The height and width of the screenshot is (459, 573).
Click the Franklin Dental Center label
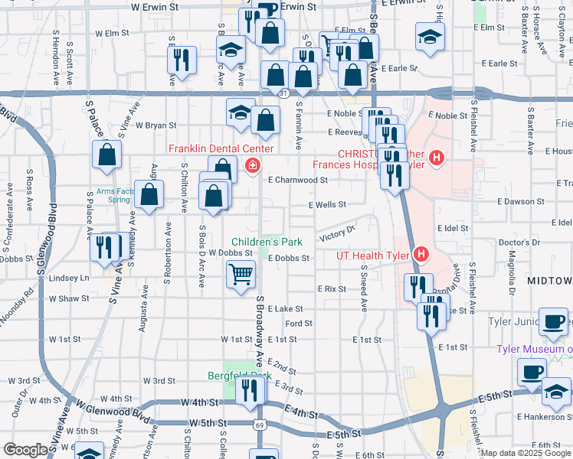point(221,148)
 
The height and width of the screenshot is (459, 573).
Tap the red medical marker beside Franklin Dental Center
point(251,165)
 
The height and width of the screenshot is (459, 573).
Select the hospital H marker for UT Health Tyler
point(421,254)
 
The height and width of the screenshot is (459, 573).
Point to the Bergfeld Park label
point(240,376)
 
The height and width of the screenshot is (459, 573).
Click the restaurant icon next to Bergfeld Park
point(250,390)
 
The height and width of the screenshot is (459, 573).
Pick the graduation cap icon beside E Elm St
point(430,36)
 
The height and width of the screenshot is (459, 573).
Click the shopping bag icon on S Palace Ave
point(106,155)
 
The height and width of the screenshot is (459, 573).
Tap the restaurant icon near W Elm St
point(182,60)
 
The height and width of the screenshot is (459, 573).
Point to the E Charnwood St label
point(298,181)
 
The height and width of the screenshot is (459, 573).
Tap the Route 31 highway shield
point(283,93)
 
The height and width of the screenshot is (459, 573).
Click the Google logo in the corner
point(25,450)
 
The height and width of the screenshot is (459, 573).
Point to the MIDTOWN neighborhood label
point(549,282)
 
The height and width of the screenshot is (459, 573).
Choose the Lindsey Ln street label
point(69,278)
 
